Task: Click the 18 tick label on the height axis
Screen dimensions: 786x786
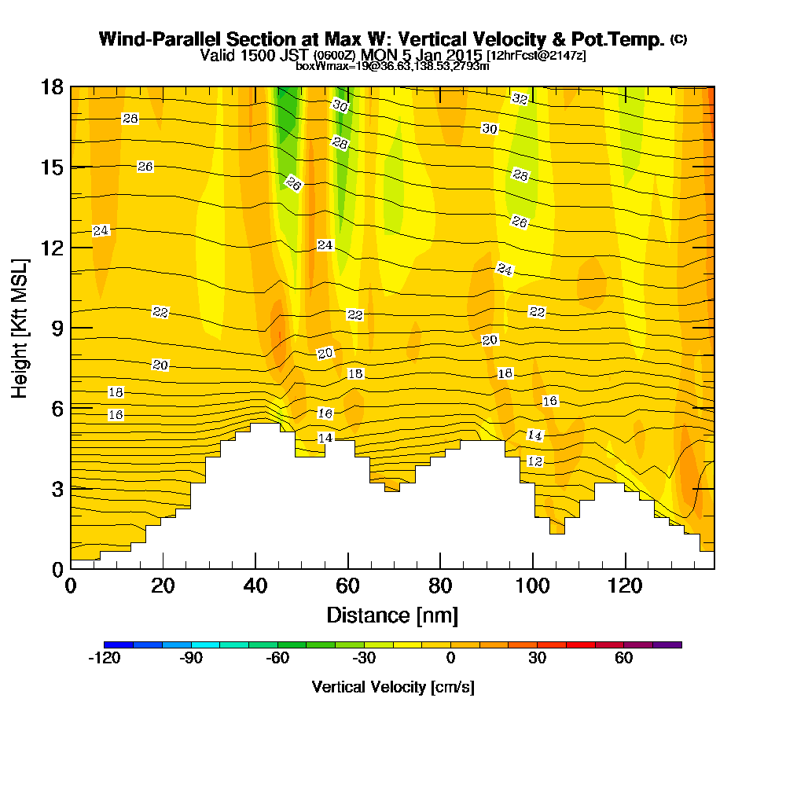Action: click(52, 86)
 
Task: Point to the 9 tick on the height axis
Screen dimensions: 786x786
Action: click(71, 328)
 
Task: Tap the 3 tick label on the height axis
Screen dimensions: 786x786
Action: click(57, 489)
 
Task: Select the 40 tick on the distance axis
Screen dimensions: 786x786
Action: click(255, 568)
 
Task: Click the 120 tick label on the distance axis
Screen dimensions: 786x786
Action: click(625, 586)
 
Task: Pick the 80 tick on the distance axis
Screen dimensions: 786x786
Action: click(440, 568)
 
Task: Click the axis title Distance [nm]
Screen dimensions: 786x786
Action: click(392, 615)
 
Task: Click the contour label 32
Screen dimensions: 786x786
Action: click(520, 98)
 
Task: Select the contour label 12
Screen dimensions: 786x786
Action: click(534, 461)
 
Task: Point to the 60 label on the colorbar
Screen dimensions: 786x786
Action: click(623, 659)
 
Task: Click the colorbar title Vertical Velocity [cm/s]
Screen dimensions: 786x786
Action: click(392, 687)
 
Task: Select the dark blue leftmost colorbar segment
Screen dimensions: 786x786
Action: click(118, 645)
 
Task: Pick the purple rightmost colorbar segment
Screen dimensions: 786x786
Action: click(667, 645)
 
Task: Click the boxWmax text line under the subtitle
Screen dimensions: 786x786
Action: click(392, 66)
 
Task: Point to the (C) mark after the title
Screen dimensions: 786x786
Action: click(678, 39)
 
